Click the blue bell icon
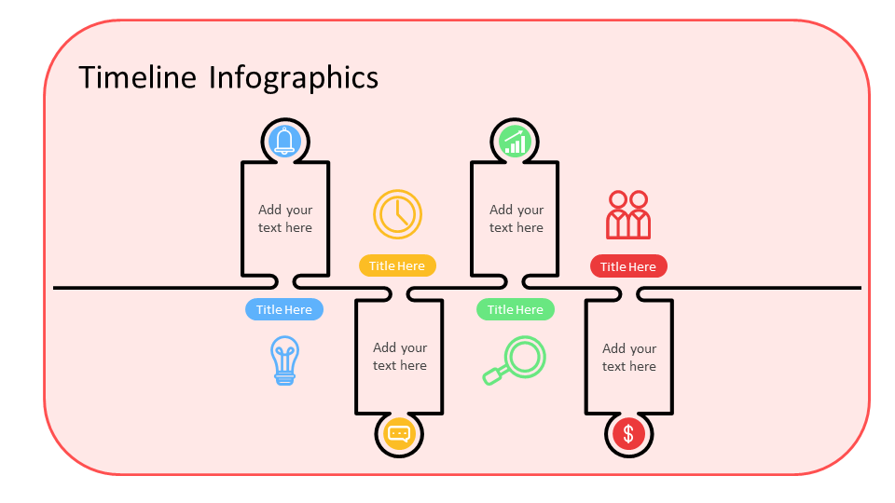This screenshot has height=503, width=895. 284,141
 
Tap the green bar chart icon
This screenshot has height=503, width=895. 515,142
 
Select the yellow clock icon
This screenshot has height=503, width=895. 398,213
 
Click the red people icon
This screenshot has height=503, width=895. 628,215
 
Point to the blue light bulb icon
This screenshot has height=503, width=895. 285,360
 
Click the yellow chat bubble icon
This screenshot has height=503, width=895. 399,434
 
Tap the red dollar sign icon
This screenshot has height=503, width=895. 629,434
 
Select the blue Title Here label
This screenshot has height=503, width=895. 284,309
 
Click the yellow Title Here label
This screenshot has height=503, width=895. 397,265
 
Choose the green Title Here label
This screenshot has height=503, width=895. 516,309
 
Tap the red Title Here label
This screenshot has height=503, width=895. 628,266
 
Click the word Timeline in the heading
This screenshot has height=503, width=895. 138,77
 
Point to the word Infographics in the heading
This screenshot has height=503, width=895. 294,77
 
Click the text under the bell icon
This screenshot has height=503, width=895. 285,219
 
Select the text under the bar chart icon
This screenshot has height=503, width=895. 516,219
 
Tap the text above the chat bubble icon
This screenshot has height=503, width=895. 400,357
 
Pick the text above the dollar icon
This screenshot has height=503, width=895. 629,358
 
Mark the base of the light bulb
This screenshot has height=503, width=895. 285,377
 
